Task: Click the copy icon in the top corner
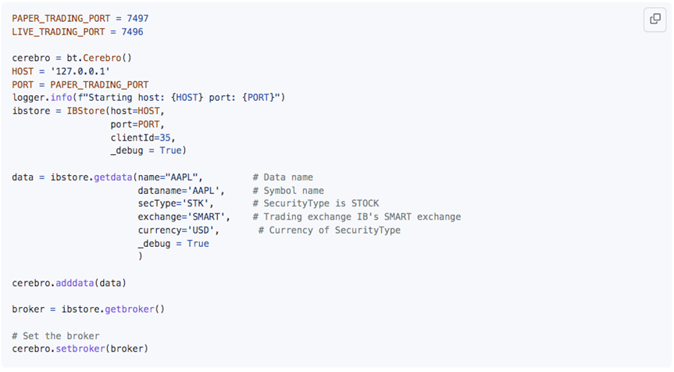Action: click(x=655, y=19)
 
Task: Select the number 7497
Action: click(x=137, y=19)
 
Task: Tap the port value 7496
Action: click(x=133, y=32)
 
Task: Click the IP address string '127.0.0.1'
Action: click(x=80, y=71)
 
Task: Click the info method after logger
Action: click(x=61, y=98)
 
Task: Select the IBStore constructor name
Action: click(x=86, y=111)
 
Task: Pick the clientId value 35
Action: click(x=165, y=138)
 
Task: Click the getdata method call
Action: click(x=113, y=177)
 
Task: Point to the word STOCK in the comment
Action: click(x=366, y=203)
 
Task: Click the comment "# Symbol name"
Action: click(x=288, y=191)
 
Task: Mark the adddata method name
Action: click(x=74, y=283)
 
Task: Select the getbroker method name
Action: click(x=130, y=309)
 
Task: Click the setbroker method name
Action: click(x=80, y=349)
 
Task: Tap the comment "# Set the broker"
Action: click(x=55, y=336)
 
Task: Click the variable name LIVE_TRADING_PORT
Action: click(x=58, y=32)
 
